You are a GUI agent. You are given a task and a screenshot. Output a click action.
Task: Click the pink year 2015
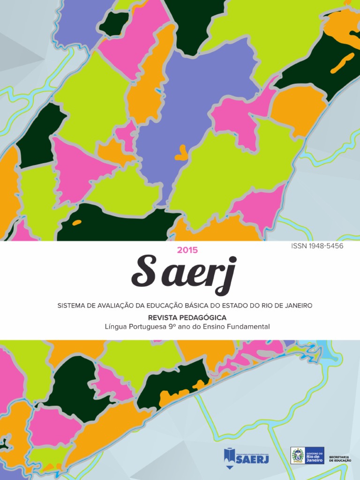187,250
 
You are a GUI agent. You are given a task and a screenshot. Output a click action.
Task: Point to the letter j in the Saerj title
227,276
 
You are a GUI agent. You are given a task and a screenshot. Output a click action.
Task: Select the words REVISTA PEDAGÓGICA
187,318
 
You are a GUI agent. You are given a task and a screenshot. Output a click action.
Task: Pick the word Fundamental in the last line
248,326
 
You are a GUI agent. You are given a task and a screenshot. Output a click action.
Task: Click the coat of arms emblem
298,456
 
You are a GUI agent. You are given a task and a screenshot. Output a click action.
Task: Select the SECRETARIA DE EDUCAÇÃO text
339,458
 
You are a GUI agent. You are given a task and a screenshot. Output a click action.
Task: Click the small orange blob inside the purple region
180,152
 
